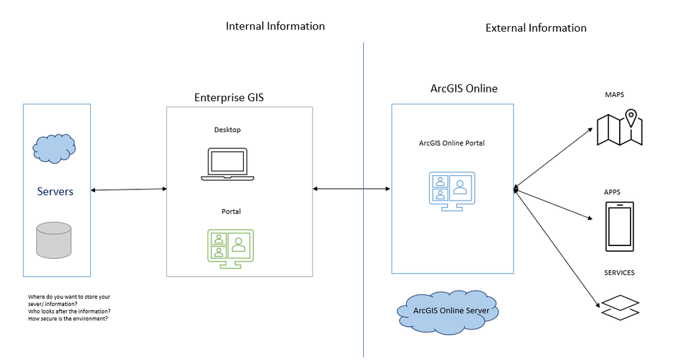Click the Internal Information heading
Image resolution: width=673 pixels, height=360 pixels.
(275, 26)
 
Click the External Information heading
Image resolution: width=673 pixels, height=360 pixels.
(536, 28)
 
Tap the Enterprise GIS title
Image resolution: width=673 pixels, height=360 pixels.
(229, 97)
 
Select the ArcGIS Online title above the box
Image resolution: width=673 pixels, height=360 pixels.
(463, 88)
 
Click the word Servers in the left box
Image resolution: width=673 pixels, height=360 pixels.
(55, 191)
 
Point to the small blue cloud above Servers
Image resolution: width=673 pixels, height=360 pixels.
(54, 148)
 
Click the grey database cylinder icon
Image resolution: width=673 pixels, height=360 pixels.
(54, 240)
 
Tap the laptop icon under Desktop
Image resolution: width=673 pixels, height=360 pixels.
(228, 164)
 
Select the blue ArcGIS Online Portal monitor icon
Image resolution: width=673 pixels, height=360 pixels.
(452, 191)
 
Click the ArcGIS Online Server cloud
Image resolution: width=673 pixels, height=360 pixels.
(447, 311)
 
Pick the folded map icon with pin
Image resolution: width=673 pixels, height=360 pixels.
(620, 128)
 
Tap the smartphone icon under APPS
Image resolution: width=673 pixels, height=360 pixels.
(619, 227)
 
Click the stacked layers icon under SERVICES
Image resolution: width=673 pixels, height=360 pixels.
(619, 307)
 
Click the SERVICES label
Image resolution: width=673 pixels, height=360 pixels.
(619, 273)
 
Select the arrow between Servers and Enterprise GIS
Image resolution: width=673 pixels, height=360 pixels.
(129, 190)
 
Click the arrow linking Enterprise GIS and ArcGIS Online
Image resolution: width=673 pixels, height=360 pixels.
(352, 189)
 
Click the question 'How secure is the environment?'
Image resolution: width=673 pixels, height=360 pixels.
(68, 318)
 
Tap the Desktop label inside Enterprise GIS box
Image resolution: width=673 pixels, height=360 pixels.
(227, 130)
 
